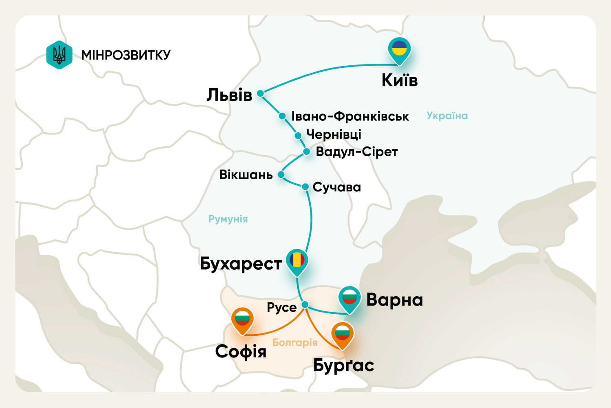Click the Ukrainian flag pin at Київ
[x=399, y=49]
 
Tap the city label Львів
[x=229, y=95]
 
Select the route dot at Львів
[x=260, y=93]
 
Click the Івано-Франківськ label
[x=350, y=116]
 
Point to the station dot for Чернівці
[x=298, y=135]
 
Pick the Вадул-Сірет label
[x=356, y=152]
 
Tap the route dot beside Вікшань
[x=281, y=175]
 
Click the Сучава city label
[x=336, y=187]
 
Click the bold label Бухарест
[x=240, y=264]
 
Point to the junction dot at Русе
[x=305, y=304]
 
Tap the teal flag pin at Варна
[x=349, y=298]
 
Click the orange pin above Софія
[x=242, y=319]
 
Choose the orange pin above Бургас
[x=342, y=334]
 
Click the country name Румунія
[x=228, y=219]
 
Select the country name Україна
[x=447, y=116]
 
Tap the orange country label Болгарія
[x=295, y=342]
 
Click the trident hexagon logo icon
[x=59, y=55]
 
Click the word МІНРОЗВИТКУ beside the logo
[x=126, y=55]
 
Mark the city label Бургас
[x=343, y=366]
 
